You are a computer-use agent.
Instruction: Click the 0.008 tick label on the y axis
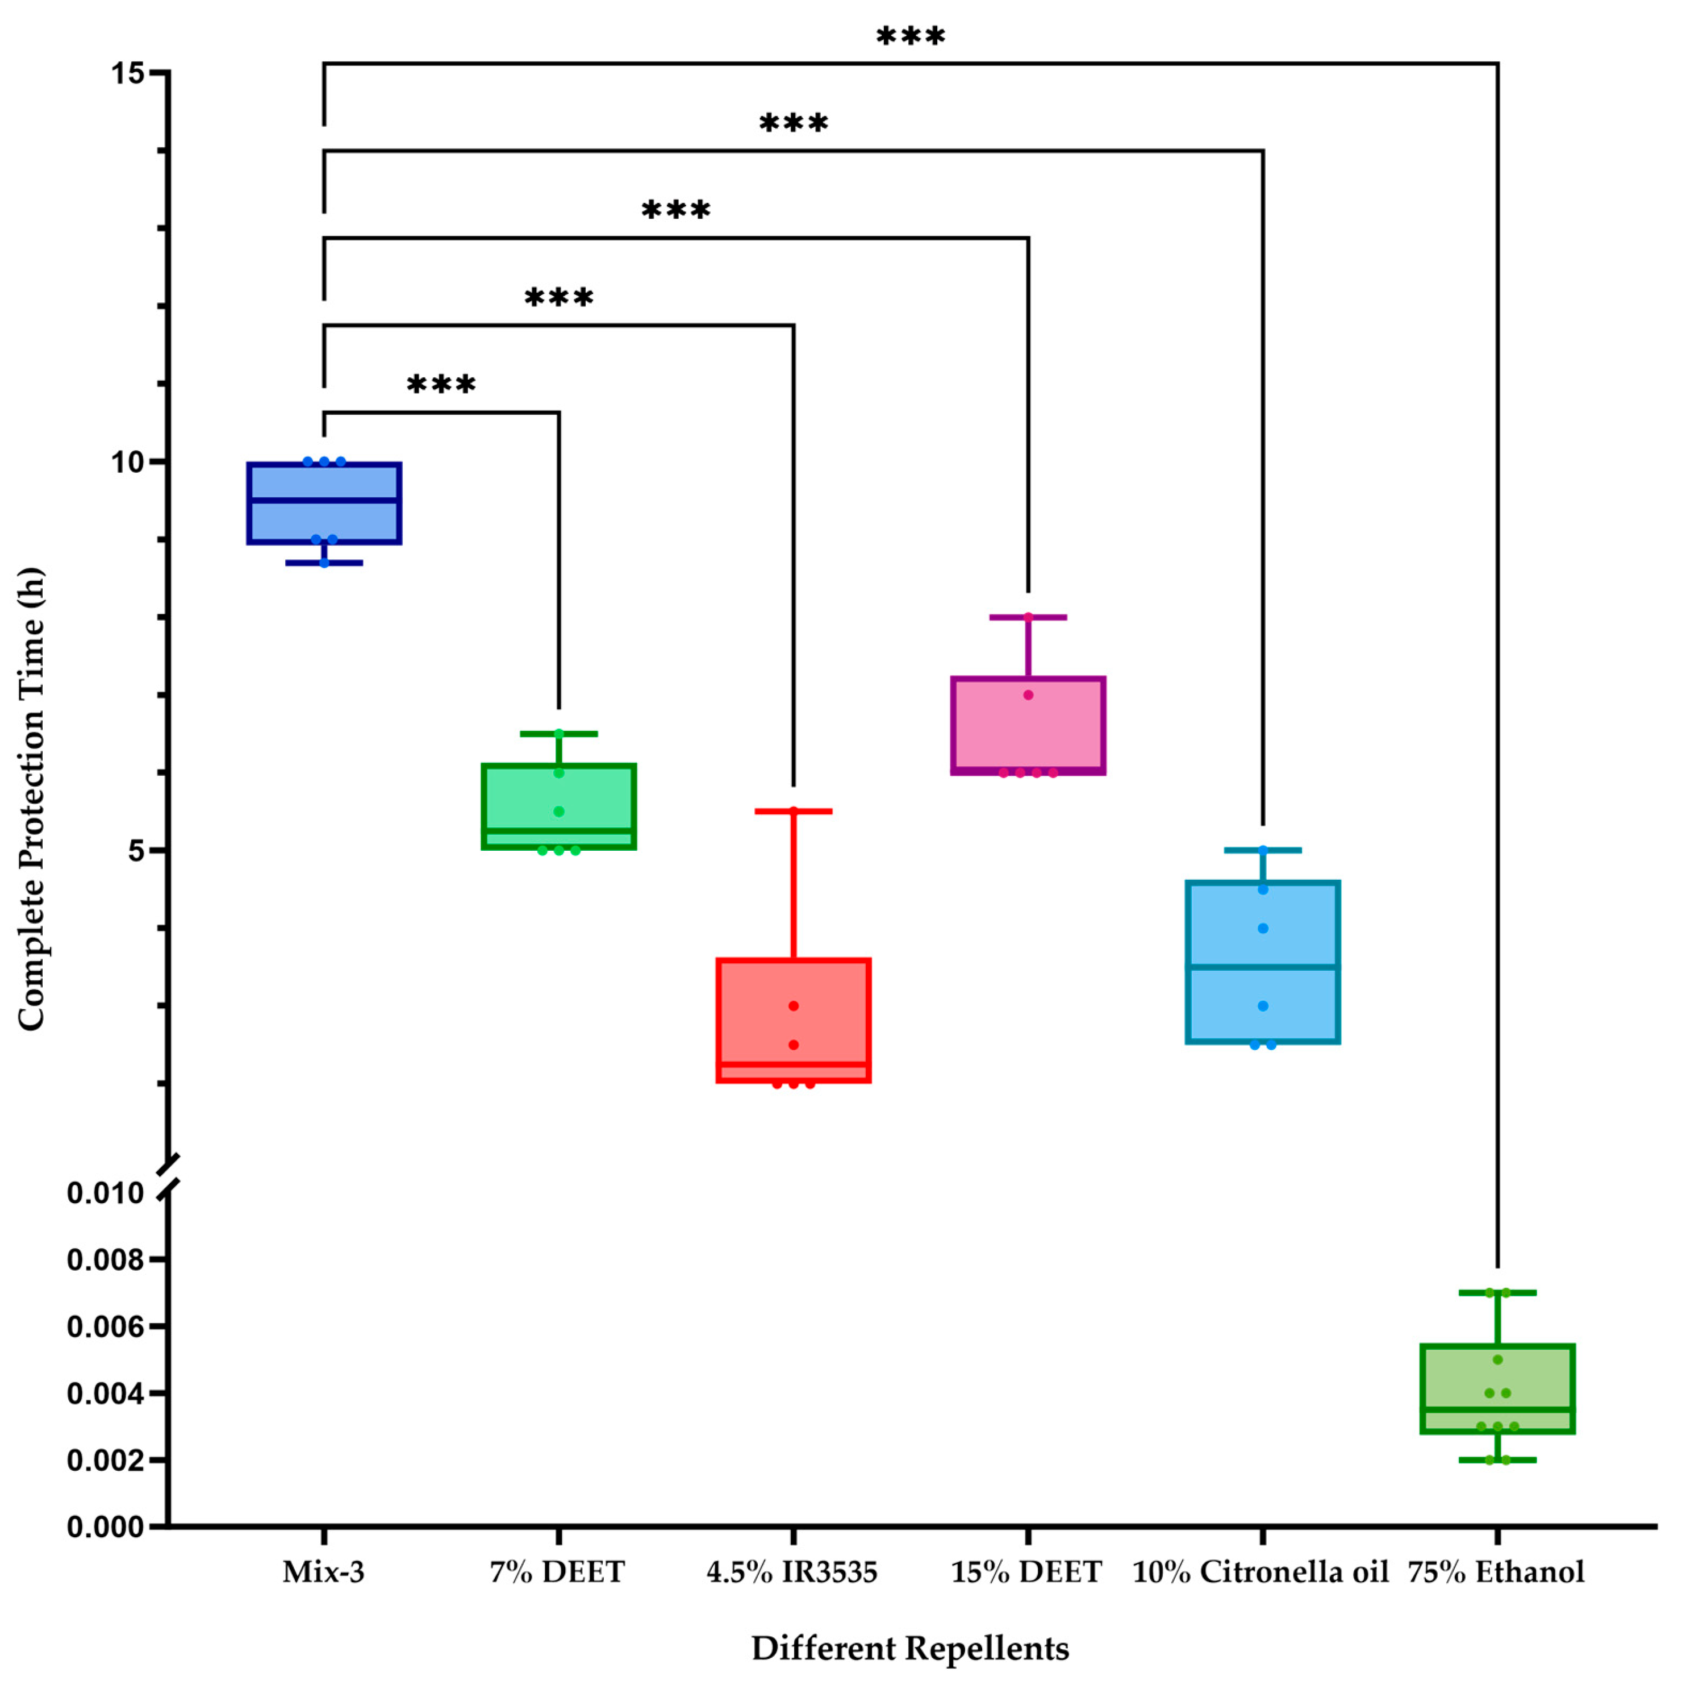(105, 1260)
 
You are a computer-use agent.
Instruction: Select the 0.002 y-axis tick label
(105, 1460)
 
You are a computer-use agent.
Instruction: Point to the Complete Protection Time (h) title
(32, 799)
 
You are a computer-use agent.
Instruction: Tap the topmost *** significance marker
(911, 37)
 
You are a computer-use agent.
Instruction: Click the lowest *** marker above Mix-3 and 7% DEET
(441, 385)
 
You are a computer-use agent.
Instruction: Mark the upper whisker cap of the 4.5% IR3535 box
(794, 812)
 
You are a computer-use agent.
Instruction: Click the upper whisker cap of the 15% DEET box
(1029, 617)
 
